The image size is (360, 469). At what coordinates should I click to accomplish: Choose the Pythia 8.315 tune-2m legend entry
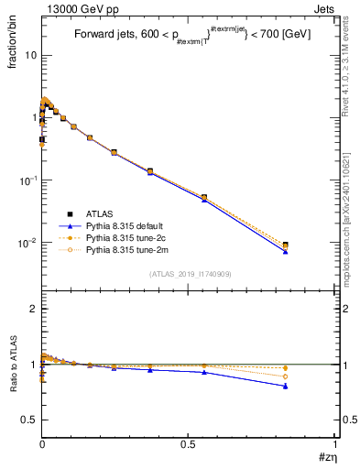click(x=127, y=248)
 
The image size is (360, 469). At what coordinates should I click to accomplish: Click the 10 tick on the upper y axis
click(x=30, y=55)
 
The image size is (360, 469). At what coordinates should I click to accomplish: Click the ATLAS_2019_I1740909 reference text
click(x=188, y=274)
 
